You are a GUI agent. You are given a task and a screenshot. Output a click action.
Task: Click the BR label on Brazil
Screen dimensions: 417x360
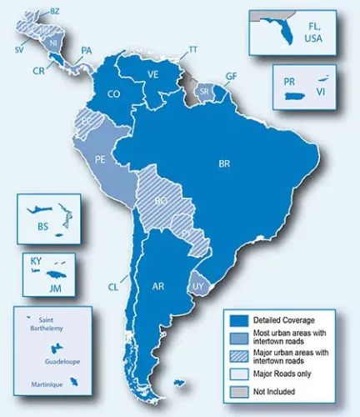click(x=224, y=163)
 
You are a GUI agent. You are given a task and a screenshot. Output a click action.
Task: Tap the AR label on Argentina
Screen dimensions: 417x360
click(x=158, y=286)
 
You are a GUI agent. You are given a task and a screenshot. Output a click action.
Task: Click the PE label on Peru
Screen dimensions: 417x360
click(x=100, y=158)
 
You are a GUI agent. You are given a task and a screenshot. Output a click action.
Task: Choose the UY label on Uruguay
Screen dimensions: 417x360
click(x=198, y=285)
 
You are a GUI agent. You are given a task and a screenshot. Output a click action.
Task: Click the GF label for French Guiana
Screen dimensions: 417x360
click(x=231, y=75)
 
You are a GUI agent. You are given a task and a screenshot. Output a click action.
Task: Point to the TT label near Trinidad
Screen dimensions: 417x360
click(x=192, y=50)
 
